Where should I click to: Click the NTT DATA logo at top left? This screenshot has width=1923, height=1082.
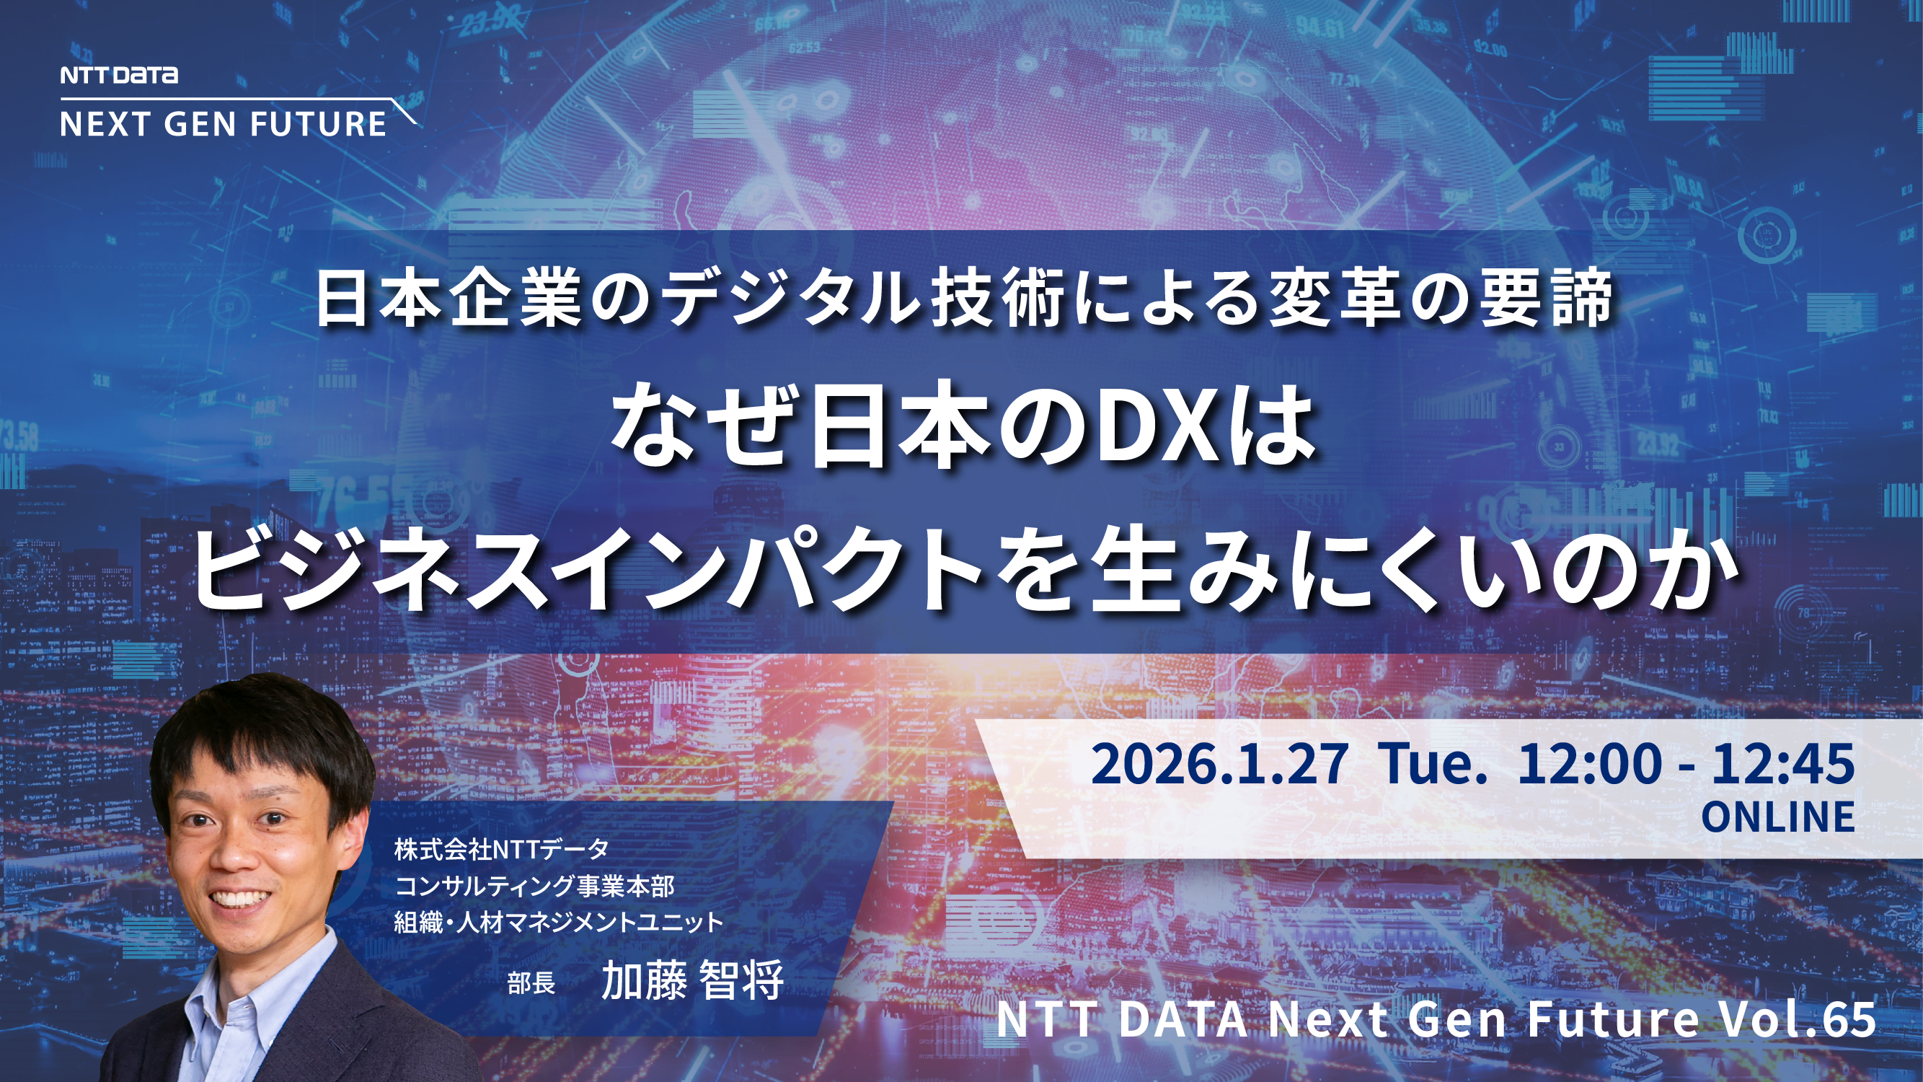[x=119, y=75]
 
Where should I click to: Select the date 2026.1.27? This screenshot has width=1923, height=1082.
[x=1219, y=764]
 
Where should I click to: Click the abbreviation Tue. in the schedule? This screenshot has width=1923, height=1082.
[x=1433, y=764]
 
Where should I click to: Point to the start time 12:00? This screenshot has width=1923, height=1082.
[x=1590, y=764]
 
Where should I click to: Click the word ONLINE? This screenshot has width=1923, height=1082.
[x=1777, y=817]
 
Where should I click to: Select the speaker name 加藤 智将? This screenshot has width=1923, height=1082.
[x=692, y=980]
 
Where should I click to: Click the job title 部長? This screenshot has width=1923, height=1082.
[x=531, y=982]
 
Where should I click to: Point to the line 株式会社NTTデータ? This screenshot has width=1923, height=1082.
[x=502, y=849]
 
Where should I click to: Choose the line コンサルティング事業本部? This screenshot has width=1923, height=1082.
[x=534, y=887]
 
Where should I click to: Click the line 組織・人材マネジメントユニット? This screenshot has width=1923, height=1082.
[x=558, y=923]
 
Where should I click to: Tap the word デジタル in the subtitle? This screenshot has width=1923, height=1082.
[x=792, y=300]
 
